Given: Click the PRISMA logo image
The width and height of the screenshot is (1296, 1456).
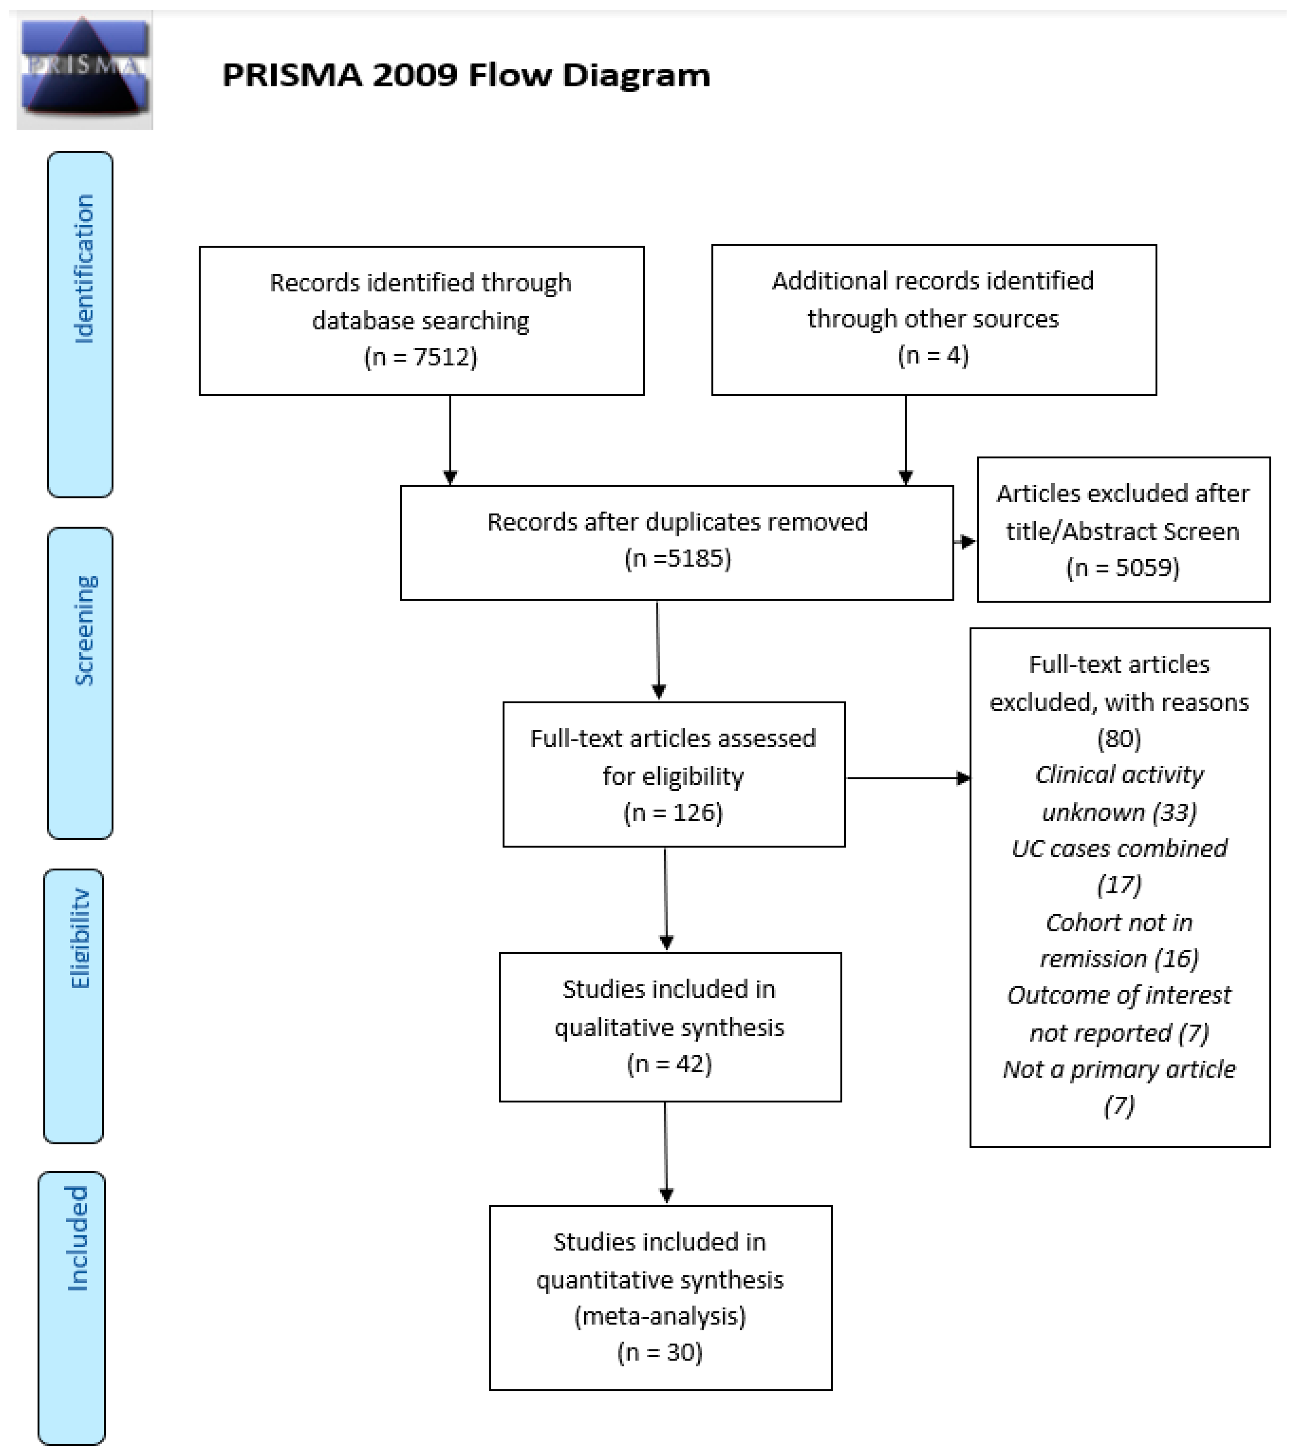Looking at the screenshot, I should [x=84, y=69].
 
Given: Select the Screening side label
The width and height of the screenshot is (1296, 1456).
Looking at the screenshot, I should [x=84, y=630].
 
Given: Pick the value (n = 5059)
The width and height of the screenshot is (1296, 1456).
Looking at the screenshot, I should [x=1122, y=568].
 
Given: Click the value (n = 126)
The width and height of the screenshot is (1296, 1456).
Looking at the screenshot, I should [x=673, y=813].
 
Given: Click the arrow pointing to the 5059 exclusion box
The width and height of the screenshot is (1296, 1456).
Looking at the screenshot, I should [x=966, y=542].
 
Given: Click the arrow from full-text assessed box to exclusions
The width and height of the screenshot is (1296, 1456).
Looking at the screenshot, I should [x=907, y=778].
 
